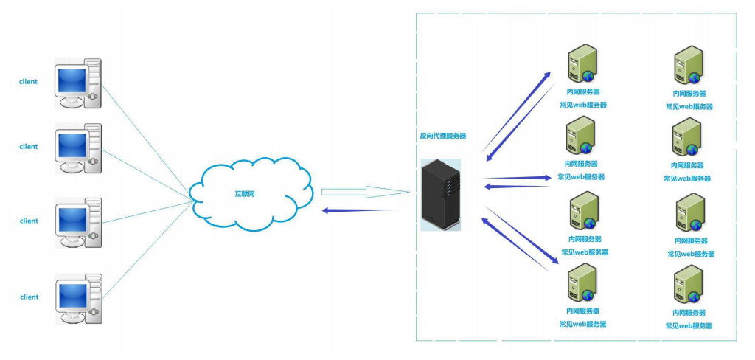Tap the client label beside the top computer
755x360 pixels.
coord(28,82)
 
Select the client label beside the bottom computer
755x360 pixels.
coord(29,297)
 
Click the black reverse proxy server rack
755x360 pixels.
coord(441,193)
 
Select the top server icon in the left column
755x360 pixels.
coord(581,63)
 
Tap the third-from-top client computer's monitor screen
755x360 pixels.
coord(72,218)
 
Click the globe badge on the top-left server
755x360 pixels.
coord(588,75)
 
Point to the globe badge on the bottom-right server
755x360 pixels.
coord(695,297)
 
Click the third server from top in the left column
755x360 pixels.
coord(582,211)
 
